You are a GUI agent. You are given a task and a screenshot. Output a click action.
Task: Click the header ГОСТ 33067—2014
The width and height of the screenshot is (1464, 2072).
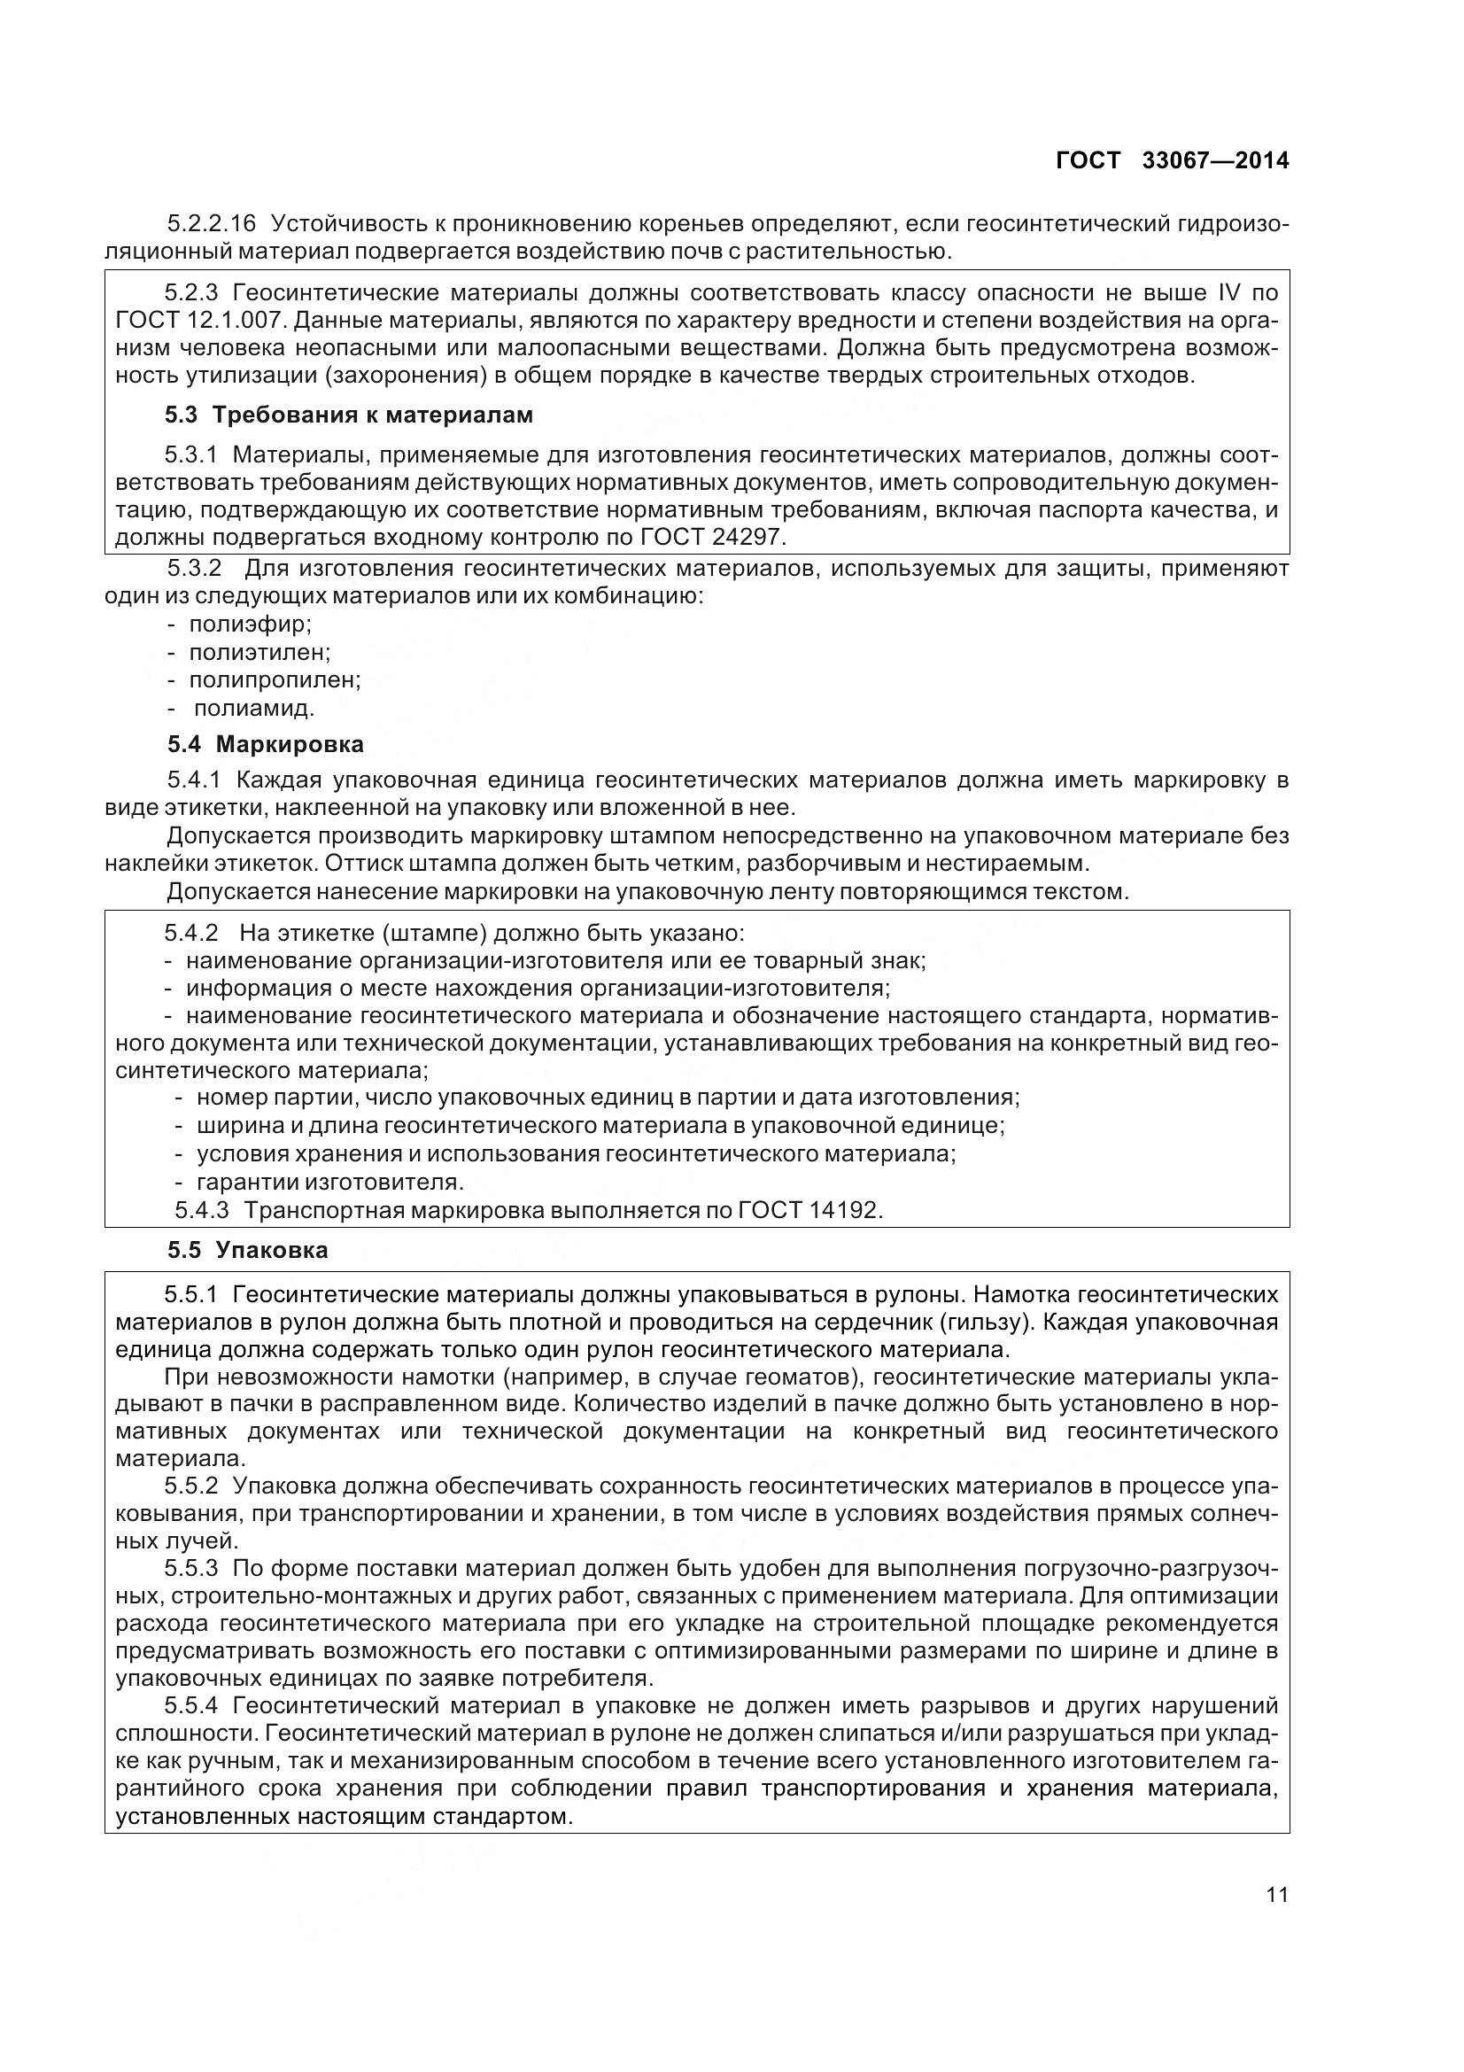[1172, 160]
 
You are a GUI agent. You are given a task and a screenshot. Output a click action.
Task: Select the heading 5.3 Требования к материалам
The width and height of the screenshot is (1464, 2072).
[349, 415]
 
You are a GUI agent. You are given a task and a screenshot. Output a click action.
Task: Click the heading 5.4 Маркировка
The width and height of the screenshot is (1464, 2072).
[266, 744]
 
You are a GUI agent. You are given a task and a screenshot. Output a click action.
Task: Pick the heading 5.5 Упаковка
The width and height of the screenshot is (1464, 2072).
[248, 1250]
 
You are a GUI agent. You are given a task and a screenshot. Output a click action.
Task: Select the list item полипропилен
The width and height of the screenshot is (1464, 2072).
[275, 679]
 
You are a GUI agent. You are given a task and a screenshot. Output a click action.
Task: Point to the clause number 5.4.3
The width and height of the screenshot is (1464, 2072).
[202, 1210]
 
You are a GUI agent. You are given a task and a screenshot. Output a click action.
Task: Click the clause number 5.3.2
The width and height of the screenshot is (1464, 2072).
[195, 569]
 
